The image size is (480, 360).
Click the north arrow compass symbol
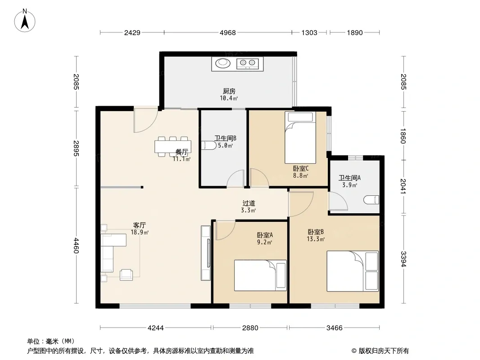click(x=25, y=21)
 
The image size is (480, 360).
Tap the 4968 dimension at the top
click(x=228, y=32)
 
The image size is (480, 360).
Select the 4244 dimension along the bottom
click(x=155, y=328)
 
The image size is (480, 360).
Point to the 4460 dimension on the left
click(x=76, y=246)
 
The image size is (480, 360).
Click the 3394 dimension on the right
click(x=403, y=259)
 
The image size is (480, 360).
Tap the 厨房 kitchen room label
click(x=229, y=91)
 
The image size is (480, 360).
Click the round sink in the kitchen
click(x=223, y=63)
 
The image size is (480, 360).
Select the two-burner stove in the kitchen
click(x=247, y=63)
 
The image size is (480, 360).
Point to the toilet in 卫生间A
click(x=371, y=200)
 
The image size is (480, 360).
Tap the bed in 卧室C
click(x=300, y=138)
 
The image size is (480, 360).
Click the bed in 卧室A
click(x=261, y=275)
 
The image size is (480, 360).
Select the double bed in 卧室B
click(x=353, y=271)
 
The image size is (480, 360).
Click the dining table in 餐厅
click(x=173, y=147)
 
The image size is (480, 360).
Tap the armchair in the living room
click(x=126, y=274)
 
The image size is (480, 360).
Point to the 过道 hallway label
click(x=249, y=203)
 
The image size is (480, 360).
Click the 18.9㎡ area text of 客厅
click(x=140, y=233)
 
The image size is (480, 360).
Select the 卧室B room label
click(x=316, y=232)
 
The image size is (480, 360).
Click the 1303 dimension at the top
click(x=309, y=32)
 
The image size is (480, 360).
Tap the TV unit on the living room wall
click(x=206, y=253)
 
